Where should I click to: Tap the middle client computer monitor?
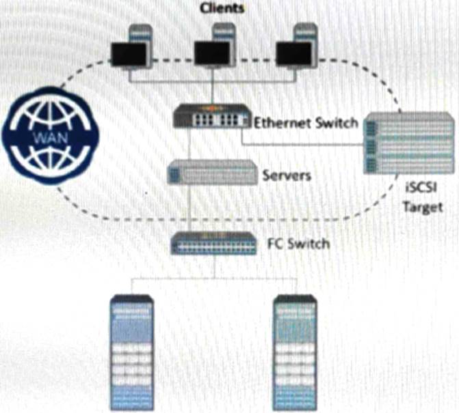point(211,54)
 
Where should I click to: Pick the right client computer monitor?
point(294,54)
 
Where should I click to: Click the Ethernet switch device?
point(212,117)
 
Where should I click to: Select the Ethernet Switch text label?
point(305,124)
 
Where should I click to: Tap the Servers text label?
point(287,175)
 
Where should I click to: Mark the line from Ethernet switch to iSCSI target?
point(301,143)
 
